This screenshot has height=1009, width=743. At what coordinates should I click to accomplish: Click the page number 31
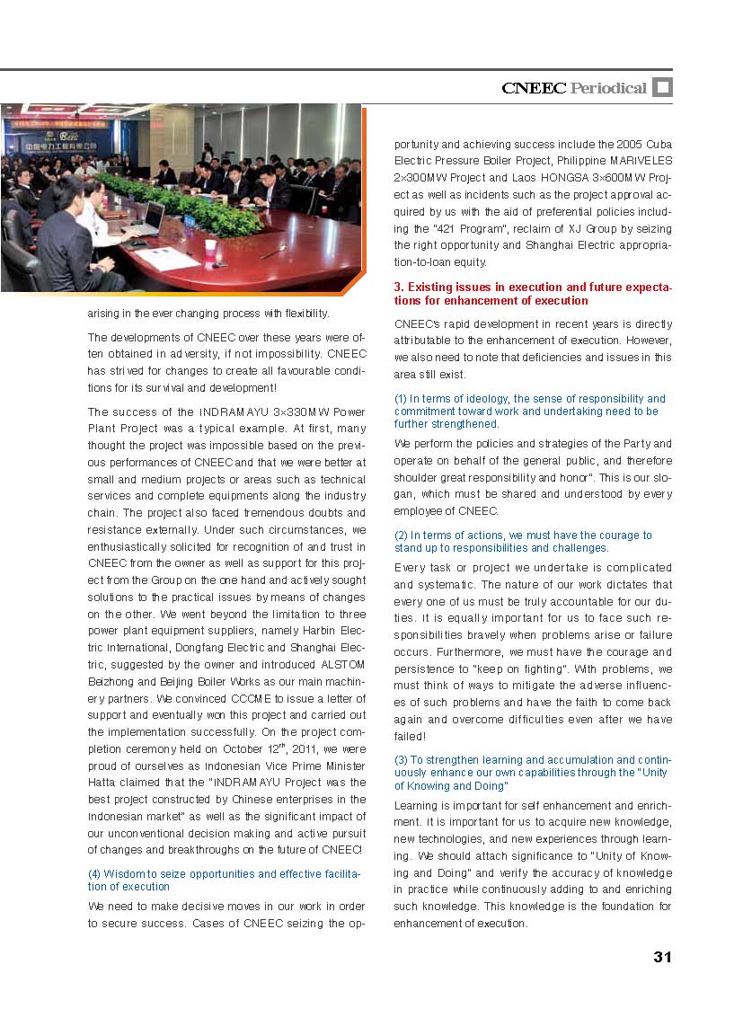pyautogui.click(x=662, y=957)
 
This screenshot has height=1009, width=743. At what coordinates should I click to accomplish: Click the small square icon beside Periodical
pyautogui.click(x=662, y=87)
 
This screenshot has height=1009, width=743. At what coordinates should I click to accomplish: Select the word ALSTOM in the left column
pyautogui.click(x=343, y=665)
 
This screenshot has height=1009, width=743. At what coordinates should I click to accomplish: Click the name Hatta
pyautogui.click(x=103, y=783)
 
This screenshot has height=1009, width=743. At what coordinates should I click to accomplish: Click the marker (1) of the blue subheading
pyautogui.click(x=402, y=399)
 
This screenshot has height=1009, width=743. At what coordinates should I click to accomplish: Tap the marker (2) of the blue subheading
pyautogui.click(x=402, y=535)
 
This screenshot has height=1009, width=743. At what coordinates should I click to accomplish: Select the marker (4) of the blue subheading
pyautogui.click(x=94, y=874)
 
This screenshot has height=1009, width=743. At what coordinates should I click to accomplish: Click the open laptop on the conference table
pyautogui.click(x=149, y=218)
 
